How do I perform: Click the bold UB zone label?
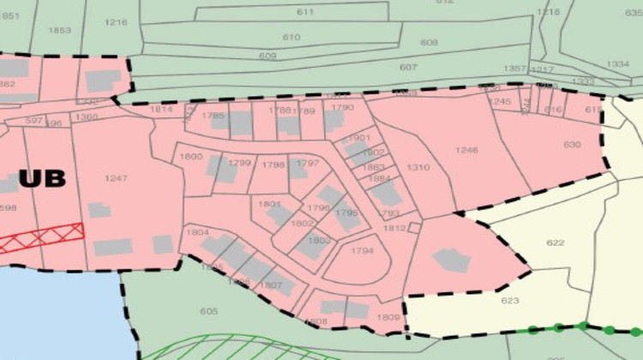pyautogui.click(x=41, y=179)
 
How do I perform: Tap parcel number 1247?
pyautogui.click(x=115, y=178)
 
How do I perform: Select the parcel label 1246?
pyautogui.click(x=466, y=150)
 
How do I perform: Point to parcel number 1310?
pyautogui.click(x=418, y=167)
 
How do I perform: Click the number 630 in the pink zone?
pyautogui.click(x=572, y=144)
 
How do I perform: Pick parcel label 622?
pyautogui.click(x=556, y=243)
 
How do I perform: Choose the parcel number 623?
pyautogui.click(x=510, y=301)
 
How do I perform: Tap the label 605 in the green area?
pyautogui.click(x=208, y=311)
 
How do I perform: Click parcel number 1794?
pyautogui.click(x=363, y=251)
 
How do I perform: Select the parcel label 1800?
pyautogui.click(x=190, y=157)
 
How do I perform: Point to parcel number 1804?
pyautogui.click(x=197, y=232)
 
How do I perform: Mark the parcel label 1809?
pyautogui.click(x=388, y=317)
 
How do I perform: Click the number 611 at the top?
pyautogui.click(x=305, y=12)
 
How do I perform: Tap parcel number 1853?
pyautogui.click(x=59, y=30)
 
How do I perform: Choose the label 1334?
pyautogui.click(x=617, y=64)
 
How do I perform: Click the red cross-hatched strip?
pyautogui.click(x=43, y=237)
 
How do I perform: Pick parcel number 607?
pyautogui.click(x=408, y=67)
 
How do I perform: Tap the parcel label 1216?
pyautogui.click(x=116, y=22)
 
